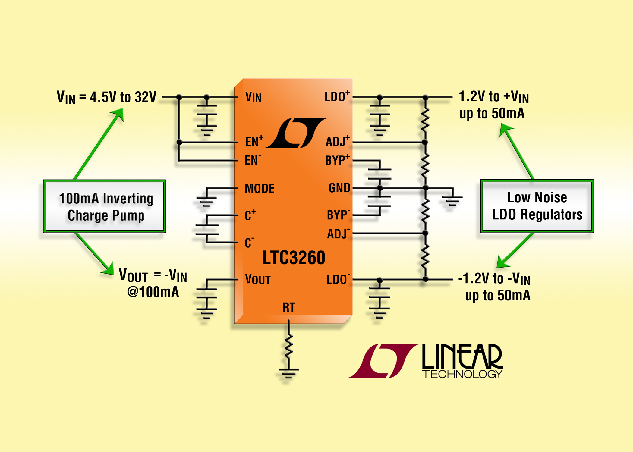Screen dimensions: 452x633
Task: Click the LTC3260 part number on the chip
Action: coord(294,258)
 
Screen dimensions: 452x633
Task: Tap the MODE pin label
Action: coord(260,189)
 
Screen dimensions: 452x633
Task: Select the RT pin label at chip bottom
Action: coord(288,307)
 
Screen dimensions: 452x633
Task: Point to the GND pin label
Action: coord(339,188)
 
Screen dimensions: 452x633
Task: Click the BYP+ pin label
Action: coord(338,160)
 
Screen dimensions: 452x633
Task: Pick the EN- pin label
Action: coord(253,160)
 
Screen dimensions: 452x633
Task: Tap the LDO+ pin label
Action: coord(337,96)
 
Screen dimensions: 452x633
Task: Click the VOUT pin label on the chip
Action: coord(258,280)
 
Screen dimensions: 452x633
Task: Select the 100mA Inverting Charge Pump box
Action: coord(104,206)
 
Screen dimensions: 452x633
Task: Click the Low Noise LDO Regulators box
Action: coord(537,206)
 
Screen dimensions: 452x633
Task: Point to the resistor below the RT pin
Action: coord(289,347)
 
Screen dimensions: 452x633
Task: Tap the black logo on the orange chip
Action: coord(296,133)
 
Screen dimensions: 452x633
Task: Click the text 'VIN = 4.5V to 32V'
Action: coord(106,97)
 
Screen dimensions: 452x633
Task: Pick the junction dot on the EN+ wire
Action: coord(179,142)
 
